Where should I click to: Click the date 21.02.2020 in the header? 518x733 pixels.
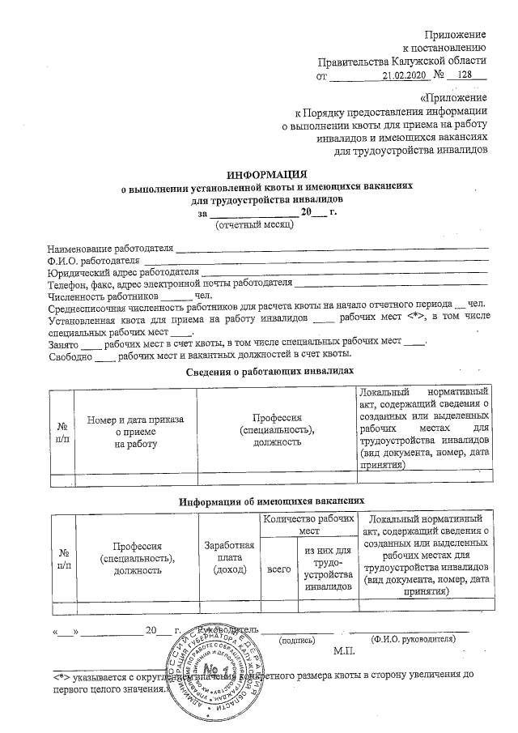click(403, 76)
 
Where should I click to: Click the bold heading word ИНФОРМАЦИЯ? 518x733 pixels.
click(266, 174)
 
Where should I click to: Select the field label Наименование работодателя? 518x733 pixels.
click(111, 246)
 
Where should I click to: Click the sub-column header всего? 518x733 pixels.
click(278, 569)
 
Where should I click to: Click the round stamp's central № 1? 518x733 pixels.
click(213, 669)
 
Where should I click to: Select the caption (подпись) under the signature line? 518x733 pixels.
click(296, 639)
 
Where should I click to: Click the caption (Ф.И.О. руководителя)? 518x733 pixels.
click(413, 639)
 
